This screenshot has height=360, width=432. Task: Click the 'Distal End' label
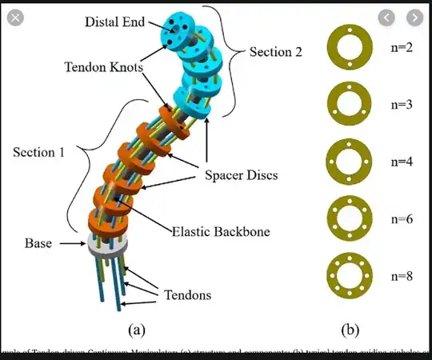click(x=114, y=22)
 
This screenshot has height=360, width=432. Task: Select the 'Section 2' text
click(x=276, y=52)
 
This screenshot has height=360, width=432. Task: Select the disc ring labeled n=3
click(x=349, y=103)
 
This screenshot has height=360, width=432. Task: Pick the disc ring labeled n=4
click(x=349, y=160)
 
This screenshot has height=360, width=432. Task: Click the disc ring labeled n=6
click(x=349, y=215)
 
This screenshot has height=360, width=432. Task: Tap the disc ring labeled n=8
click(x=349, y=274)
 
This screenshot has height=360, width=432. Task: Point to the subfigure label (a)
click(x=135, y=328)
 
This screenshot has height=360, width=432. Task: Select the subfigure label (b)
click(x=350, y=328)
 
